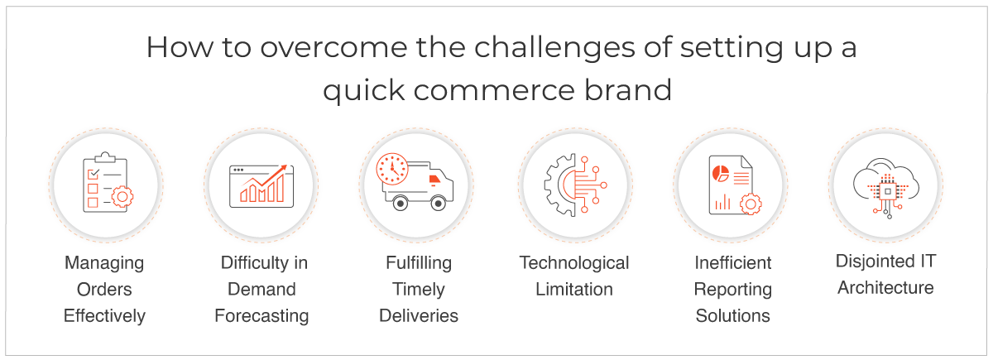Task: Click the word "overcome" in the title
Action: tap(333, 47)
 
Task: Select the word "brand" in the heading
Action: tap(628, 90)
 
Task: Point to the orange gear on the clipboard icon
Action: tap(122, 197)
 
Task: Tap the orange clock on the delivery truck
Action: tap(392, 169)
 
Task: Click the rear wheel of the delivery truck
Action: tap(401, 204)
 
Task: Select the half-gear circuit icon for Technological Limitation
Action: tap(575, 185)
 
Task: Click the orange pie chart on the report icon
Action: tap(721, 173)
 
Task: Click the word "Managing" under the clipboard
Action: tap(104, 263)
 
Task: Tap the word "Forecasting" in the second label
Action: tap(261, 316)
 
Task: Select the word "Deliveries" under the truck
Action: tap(419, 315)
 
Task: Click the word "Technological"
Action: tap(574, 263)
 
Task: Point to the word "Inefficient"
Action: tap(733, 263)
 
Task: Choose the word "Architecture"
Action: tap(885, 288)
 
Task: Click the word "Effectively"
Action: tap(104, 316)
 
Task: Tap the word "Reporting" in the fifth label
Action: tap(733, 290)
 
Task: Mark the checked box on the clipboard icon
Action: tap(93, 173)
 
